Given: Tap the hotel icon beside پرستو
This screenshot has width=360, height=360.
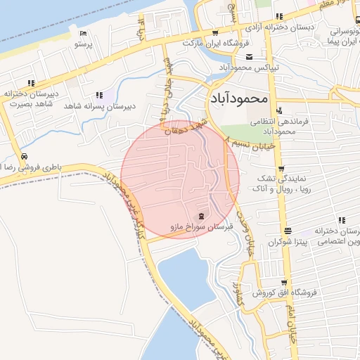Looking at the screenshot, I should pos(83,33).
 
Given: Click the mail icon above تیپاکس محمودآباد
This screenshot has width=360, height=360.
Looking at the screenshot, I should pos(249,56).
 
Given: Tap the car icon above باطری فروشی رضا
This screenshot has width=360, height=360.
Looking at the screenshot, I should pos(25,156).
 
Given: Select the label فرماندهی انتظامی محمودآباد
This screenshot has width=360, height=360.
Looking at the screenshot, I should pos(266,126).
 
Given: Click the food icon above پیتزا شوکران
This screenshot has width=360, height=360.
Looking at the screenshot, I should pos(287,231).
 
